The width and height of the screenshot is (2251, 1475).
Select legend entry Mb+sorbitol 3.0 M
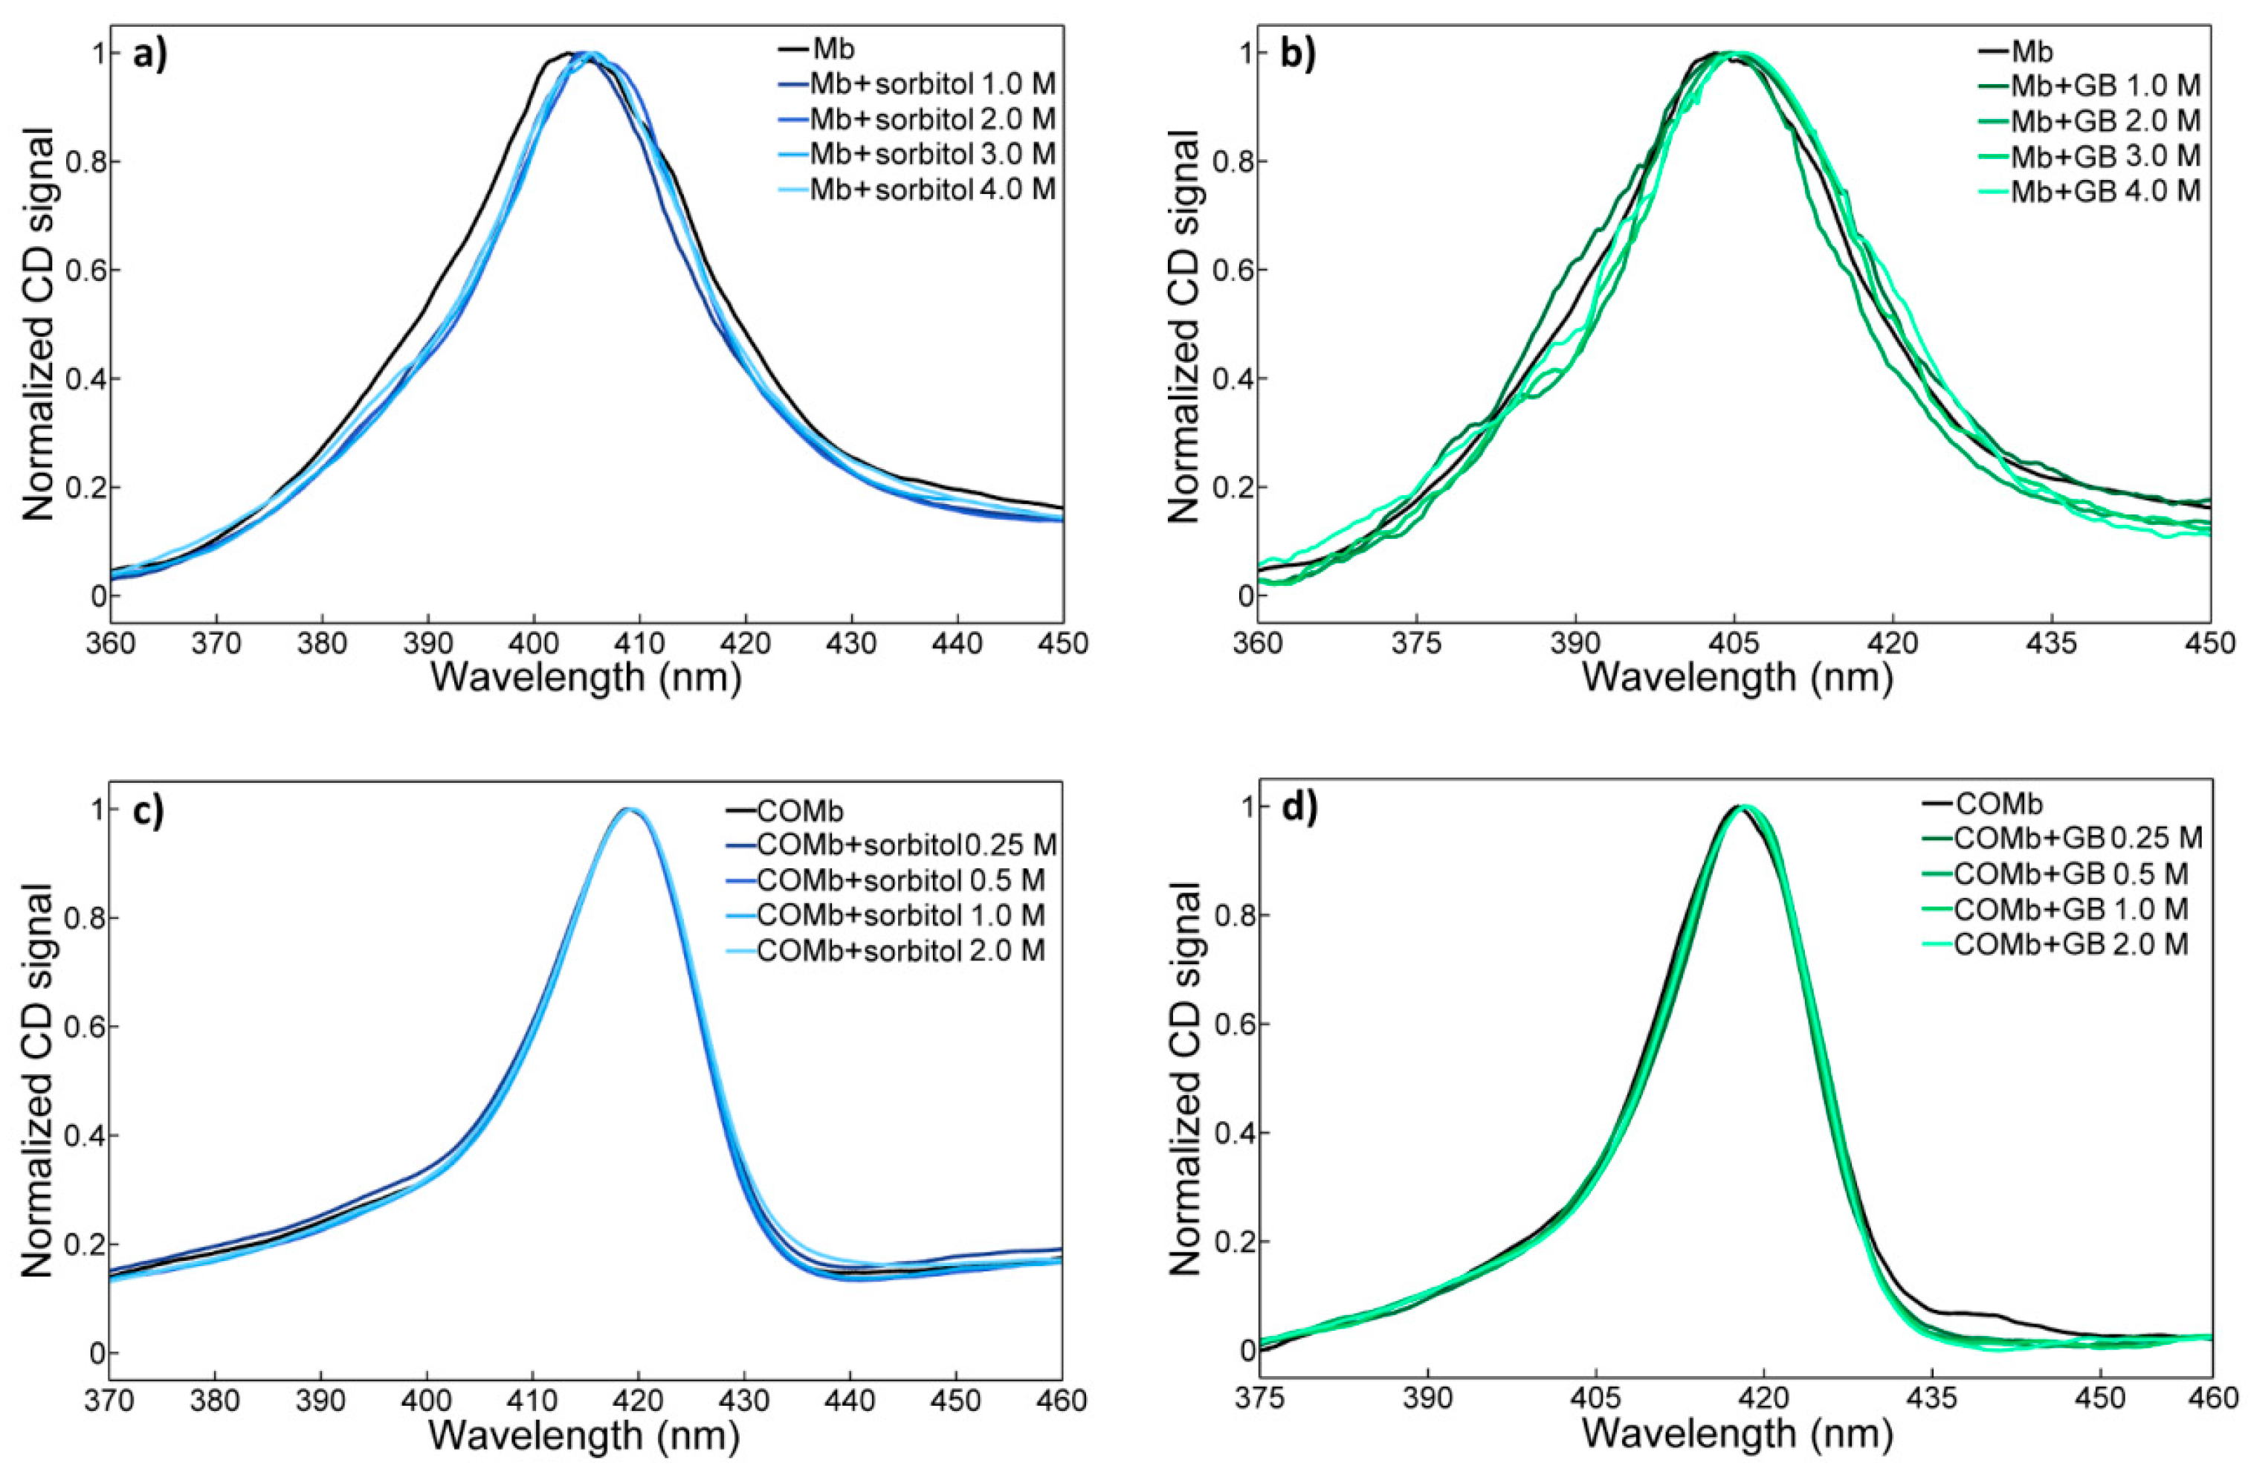pyautogui.click(x=931, y=153)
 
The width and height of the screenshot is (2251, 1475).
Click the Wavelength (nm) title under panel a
pyautogui.click(x=586, y=677)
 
